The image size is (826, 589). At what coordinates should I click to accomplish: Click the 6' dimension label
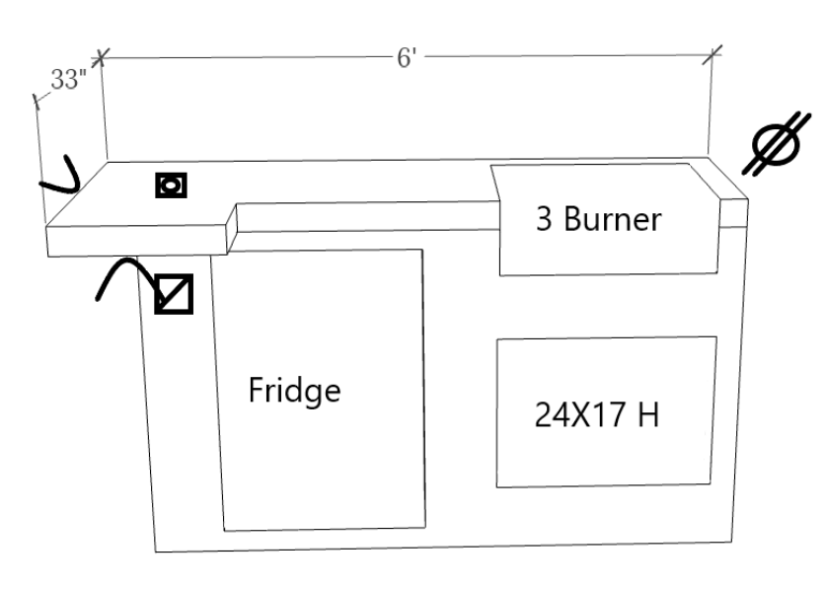(408, 58)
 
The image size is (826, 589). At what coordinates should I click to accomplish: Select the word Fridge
(295, 391)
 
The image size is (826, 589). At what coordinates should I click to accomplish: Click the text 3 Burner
(598, 219)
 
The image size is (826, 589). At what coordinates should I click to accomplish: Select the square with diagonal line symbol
(174, 293)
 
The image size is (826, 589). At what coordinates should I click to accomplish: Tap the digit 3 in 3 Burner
(544, 219)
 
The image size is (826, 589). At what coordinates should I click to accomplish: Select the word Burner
(612, 219)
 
